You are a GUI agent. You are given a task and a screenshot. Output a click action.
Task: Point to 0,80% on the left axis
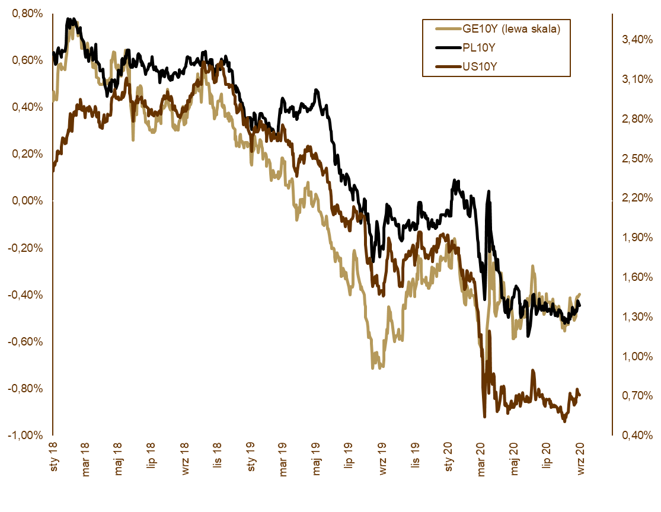pos(27,14)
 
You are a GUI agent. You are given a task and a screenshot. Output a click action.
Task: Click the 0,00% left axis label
pos(27,201)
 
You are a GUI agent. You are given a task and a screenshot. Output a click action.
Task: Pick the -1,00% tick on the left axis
pos(25,435)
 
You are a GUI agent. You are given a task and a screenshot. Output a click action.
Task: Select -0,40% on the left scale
pos(25,295)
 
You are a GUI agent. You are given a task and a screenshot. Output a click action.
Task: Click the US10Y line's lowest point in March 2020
pos(485,417)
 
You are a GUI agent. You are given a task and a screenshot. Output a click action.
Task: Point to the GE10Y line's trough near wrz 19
pos(373,367)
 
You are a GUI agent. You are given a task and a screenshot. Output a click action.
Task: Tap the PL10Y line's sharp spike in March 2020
pos(489,191)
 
